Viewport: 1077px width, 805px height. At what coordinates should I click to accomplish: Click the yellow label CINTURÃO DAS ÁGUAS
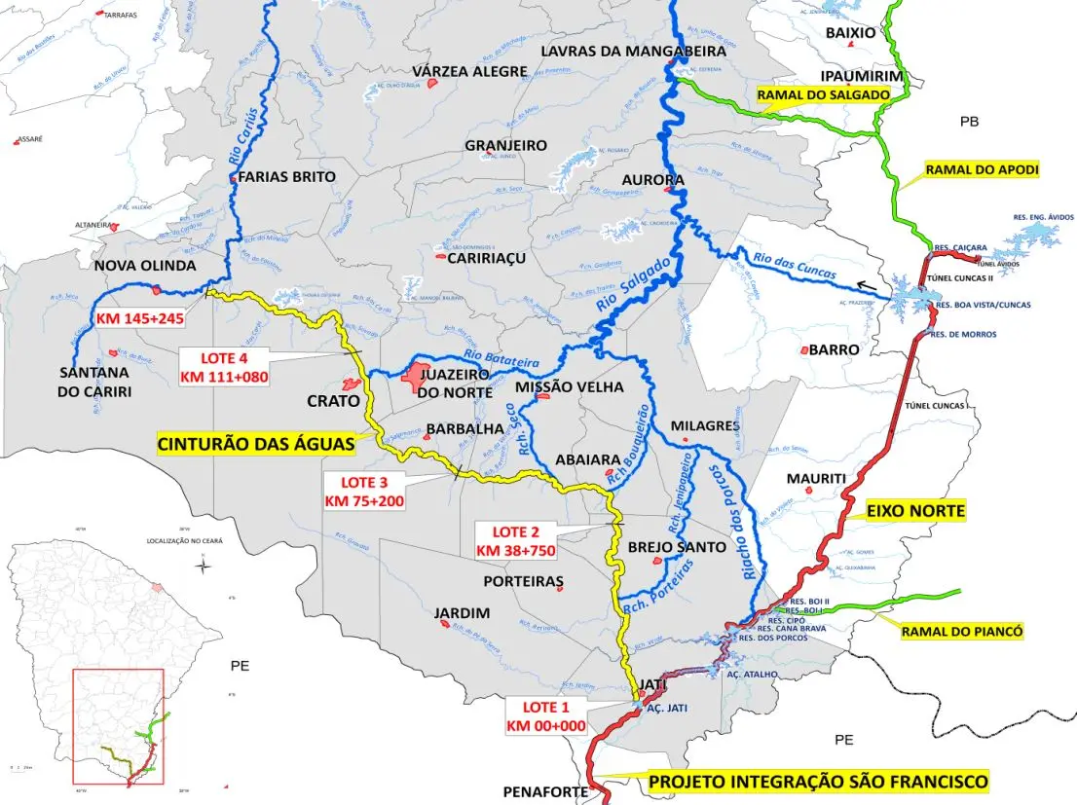tap(255, 444)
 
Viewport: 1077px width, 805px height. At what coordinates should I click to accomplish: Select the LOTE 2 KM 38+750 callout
tap(515, 540)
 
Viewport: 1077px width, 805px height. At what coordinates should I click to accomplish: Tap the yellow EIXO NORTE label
tap(916, 510)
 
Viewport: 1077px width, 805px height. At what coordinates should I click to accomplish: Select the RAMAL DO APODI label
tap(982, 169)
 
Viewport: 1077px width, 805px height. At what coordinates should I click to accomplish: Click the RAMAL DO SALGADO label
tap(824, 94)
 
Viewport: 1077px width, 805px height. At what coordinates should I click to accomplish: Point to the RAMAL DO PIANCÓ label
tap(961, 632)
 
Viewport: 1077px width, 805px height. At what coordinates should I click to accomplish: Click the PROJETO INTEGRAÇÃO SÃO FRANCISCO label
tap(818, 782)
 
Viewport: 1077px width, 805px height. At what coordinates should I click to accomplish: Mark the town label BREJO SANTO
tap(677, 547)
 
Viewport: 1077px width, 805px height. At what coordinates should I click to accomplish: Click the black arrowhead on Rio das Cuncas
tap(861, 284)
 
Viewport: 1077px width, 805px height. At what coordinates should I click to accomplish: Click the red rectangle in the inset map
tap(118, 726)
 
